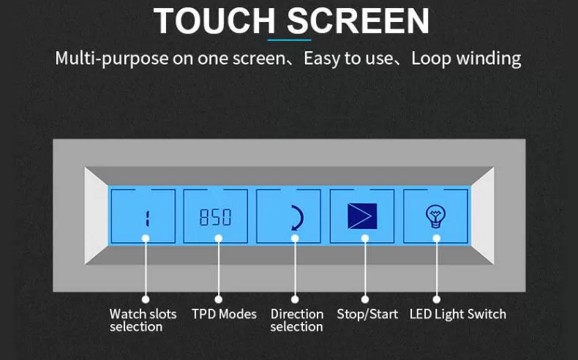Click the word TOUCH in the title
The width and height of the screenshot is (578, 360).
214,20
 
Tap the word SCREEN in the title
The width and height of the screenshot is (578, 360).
359,20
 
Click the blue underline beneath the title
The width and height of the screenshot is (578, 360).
290,40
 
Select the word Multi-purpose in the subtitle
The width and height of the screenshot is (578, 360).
112,59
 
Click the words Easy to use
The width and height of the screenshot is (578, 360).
348,59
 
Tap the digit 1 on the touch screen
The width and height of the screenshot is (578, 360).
147,219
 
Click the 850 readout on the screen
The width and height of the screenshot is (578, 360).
215,217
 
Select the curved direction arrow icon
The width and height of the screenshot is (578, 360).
299,218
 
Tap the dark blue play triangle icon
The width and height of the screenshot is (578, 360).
362,216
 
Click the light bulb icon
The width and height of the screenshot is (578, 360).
436,217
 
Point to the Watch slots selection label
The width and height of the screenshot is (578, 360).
143,320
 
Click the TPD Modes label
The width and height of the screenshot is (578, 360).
224,315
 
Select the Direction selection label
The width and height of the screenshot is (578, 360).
297,320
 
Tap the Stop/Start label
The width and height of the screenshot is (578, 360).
367,315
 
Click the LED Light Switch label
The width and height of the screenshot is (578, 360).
458,315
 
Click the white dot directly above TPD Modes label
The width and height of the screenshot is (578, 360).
219,299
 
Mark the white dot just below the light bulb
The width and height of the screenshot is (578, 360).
437,239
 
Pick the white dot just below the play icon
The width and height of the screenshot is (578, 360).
365,239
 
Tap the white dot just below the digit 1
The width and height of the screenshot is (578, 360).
146,239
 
